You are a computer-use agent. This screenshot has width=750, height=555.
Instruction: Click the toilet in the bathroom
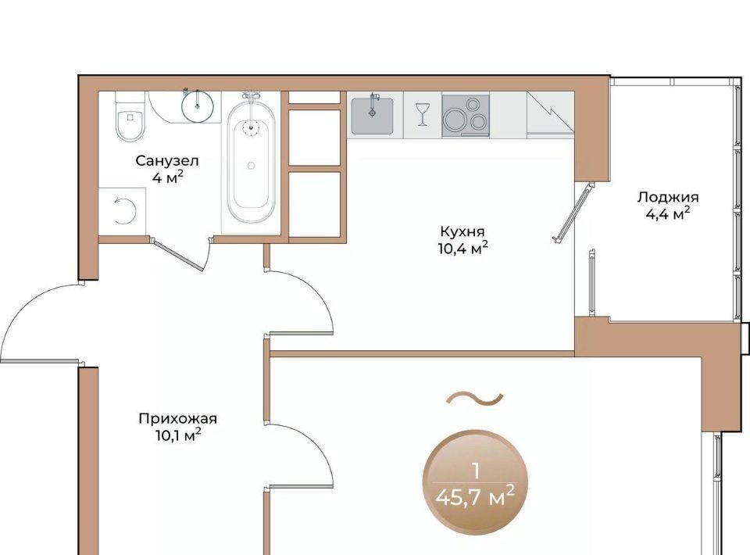[x=130, y=116]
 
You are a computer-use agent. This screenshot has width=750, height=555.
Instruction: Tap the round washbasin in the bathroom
[x=197, y=106]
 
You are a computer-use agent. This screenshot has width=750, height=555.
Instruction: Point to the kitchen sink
[x=373, y=116]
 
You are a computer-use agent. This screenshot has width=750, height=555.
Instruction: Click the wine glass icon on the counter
[x=423, y=115]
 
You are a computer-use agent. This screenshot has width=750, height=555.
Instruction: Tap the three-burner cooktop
[x=466, y=116]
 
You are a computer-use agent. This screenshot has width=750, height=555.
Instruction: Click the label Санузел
[x=167, y=161]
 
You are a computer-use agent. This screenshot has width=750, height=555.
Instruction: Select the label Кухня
[x=462, y=231]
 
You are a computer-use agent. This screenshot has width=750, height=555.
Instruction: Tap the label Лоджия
[x=668, y=197]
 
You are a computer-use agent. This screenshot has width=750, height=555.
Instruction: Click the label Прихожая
[x=177, y=419]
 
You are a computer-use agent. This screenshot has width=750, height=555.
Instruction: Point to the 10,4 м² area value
[x=463, y=249]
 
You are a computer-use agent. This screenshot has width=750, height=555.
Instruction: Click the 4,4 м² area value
[x=668, y=214]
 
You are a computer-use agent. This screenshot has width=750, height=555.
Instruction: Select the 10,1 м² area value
[x=177, y=436]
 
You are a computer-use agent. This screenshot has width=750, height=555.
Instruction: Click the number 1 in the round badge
[x=475, y=472]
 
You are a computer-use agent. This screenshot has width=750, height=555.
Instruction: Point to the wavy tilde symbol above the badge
[x=474, y=398]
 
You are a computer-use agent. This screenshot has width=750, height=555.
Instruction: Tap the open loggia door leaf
[x=573, y=211]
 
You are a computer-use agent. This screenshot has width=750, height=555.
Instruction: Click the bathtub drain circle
[x=251, y=166]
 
